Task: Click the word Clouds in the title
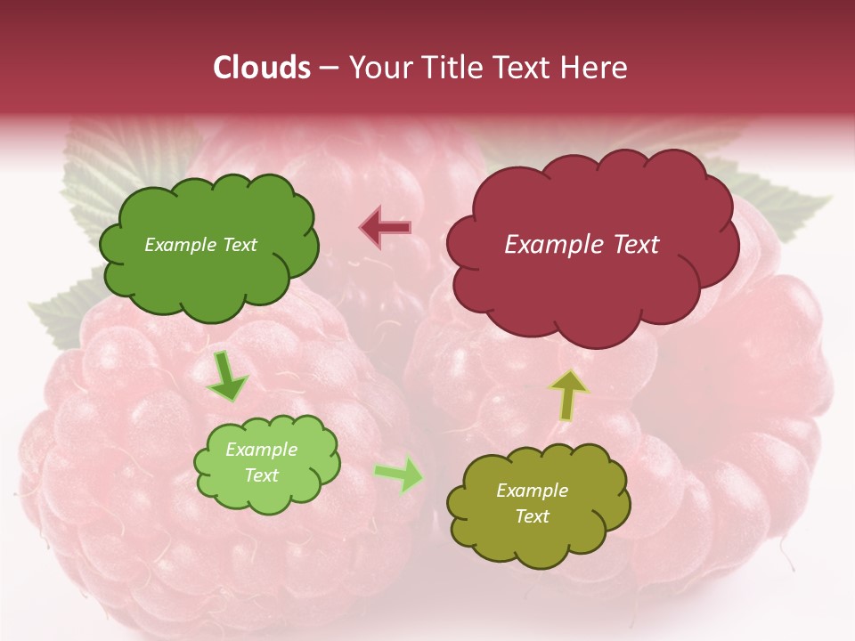(x=262, y=68)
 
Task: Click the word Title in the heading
(x=452, y=68)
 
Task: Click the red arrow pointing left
(x=385, y=228)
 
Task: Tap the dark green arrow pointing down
(x=227, y=376)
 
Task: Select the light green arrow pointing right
(x=400, y=475)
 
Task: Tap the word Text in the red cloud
(x=636, y=245)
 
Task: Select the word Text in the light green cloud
(x=262, y=476)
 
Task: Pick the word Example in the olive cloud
(x=532, y=491)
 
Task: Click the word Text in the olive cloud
(x=533, y=517)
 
